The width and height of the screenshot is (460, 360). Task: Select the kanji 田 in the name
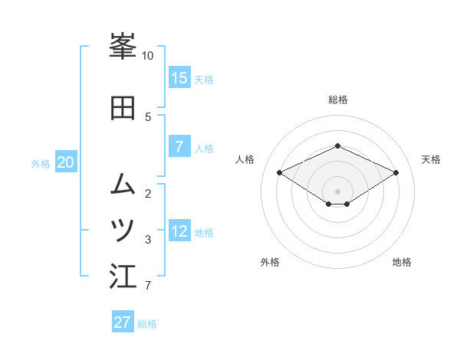pos(123,108)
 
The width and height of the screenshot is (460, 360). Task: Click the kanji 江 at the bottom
pos(123,277)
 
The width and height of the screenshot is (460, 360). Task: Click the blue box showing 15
pos(179,78)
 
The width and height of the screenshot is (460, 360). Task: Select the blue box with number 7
pos(179,147)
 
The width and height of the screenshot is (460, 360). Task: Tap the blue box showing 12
pos(179,231)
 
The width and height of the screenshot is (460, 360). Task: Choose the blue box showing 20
pos(66,162)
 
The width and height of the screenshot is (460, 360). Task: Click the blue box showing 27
pos(123,322)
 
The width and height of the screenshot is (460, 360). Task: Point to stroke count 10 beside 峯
pos(147,56)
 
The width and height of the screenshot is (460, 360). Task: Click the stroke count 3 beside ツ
pos(148,240)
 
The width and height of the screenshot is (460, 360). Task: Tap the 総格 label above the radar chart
pos(338,100)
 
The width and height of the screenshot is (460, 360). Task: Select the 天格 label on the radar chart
pos(432,159)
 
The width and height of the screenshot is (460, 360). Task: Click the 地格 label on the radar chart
pos(402,262)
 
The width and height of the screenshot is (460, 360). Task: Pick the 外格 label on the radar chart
pos(270,262)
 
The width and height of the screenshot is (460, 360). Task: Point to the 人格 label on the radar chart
pos(245,159)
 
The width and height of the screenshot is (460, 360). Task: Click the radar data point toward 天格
pos(396,172)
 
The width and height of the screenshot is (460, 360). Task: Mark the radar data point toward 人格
pos(280,172)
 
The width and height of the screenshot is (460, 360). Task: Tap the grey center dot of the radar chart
pos(338,191)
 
